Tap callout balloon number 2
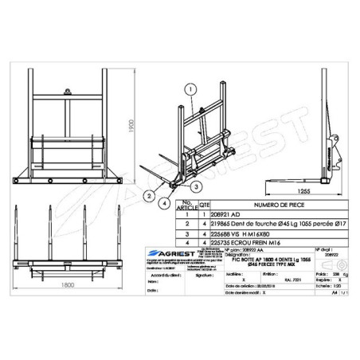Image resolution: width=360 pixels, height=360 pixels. click(x=149, y=194)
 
